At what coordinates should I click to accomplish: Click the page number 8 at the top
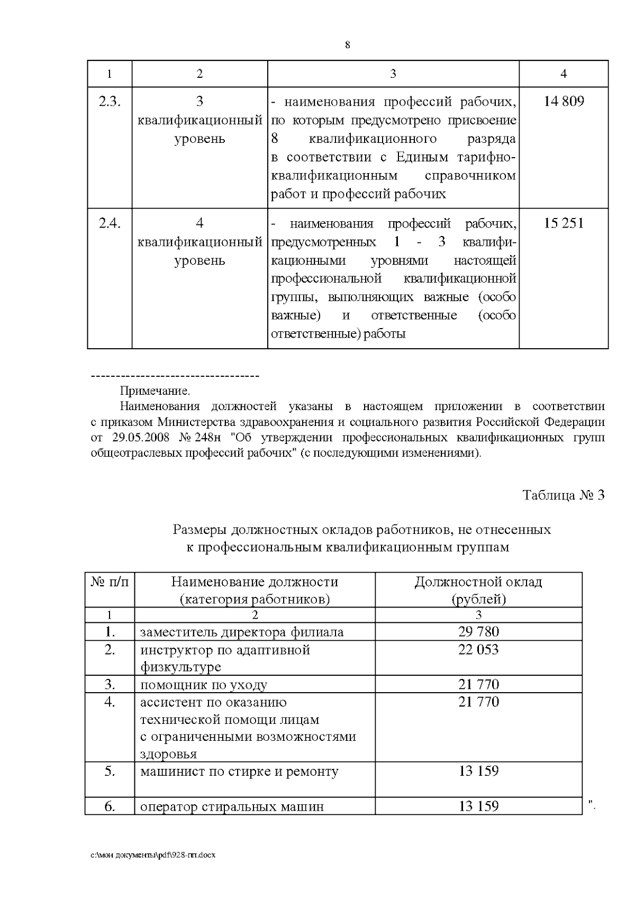pyautogui.click(x=347, y=45)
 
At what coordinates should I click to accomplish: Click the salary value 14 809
pyautogui.click(x=564, y=101)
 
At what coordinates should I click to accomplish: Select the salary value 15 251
pyautogui.click(x=564, y=223)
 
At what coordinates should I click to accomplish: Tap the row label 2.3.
pyautogui.click(x=110, y=101)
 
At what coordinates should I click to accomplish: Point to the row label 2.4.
pyautogui.click(x=110, y=223)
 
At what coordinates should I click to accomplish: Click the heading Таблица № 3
pyautogui.click(x=563, y=495)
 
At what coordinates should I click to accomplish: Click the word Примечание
pyautogui.click(x=155, y=392)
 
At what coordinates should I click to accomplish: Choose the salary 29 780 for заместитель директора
pyautogui.click(x=478, y=631)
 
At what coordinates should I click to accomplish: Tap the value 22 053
pyautogui.click(x=478, y=649)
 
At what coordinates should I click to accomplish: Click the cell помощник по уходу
pyautogui.click(x=203, y=685)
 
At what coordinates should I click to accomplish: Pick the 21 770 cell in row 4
pyautogui.click(x=478, y=702)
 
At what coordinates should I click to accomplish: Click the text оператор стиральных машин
pyautogui.click(x=232, y=806)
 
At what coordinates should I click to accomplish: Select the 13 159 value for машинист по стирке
pyautogui.click(x=478, y=771)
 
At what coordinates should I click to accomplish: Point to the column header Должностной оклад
pyautogui.click(x=478, y=582)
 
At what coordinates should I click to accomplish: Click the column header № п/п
pyautogui.click(x=110, y=582)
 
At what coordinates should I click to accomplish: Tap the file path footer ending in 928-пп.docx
pyautogui.click(x=153, y=855)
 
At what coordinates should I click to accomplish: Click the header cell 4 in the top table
pyautogui.click(x=564, y=74)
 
